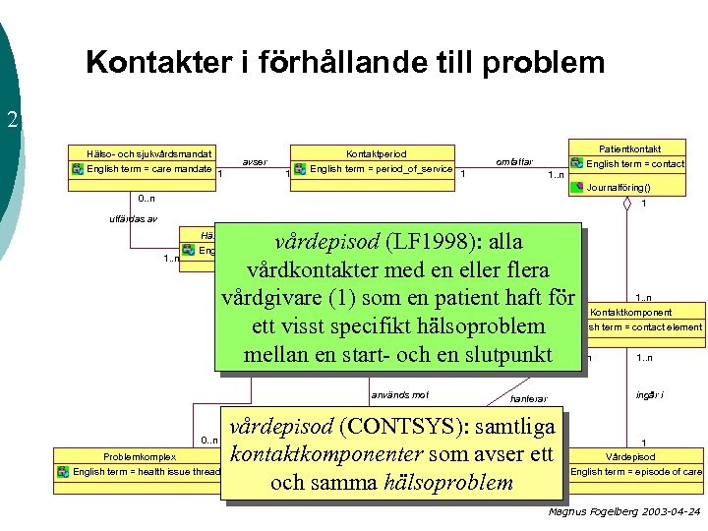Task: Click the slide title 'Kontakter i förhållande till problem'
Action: coord(345,63)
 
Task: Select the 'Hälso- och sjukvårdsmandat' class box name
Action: coord(148,154)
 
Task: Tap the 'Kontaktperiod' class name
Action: coord(376,154)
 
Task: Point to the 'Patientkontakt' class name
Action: coord(629,147)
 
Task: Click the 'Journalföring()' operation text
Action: coord(619,186)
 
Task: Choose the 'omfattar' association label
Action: coord(514,161)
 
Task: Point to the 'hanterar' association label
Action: coord(529,398)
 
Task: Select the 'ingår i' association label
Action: coord(648,394)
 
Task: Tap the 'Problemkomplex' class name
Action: coord(140,457)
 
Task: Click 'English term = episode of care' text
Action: coord(636,472)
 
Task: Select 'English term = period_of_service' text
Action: coord(382,169)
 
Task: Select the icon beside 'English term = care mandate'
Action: coord(78,169)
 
